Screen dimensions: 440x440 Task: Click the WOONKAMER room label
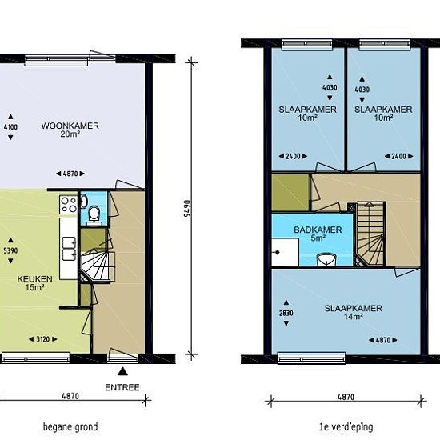pos(70,126)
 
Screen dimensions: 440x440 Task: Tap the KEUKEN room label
pos(34,279)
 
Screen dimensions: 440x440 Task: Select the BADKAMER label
pos(318,230)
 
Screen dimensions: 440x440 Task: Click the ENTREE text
pos(122,387)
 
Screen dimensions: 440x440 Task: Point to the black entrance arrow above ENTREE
pos(122,371)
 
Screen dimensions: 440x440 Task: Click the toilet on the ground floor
pos(94,214)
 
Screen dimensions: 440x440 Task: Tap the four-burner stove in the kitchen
pos(69,205)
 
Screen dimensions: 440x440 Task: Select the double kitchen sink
pos(69,249)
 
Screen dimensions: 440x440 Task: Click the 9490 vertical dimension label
pos(187,208)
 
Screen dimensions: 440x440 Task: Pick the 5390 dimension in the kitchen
pos(10,250)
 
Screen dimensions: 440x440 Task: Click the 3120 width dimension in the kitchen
pos(43,339)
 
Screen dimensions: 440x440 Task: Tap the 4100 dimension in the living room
pos(10,127)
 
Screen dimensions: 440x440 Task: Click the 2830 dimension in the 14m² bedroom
pos(286,313)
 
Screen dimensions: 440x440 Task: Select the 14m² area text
pos(354,317)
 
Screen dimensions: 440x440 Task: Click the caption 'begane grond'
pos(70,427)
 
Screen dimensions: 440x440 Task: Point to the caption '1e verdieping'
pos(346,427)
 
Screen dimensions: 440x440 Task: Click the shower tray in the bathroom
pos(285,252)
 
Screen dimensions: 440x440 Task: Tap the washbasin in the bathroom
pos(326,259)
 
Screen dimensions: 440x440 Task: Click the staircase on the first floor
pos(370,234)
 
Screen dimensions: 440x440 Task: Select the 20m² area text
pos(70,134)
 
